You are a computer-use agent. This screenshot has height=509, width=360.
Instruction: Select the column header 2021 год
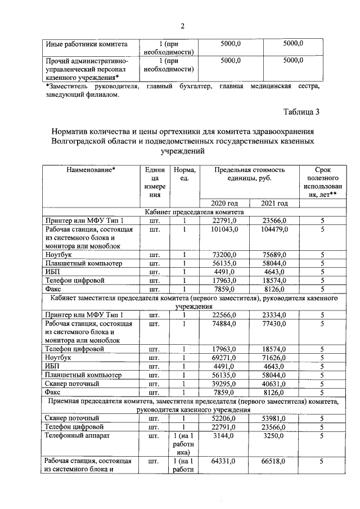coord(274,203)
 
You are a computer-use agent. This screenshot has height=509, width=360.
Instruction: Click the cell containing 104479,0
coord(274,229)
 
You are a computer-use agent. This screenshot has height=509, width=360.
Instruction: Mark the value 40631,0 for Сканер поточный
coord(274,384)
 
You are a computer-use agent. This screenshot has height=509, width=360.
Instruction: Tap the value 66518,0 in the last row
coord(274,461)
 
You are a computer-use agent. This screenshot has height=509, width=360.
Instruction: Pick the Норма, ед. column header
coord(184,174)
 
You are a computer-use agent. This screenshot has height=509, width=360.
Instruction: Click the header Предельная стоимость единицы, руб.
coord(249,174)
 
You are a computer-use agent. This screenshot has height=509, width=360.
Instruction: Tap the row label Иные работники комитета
coord(87,43)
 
